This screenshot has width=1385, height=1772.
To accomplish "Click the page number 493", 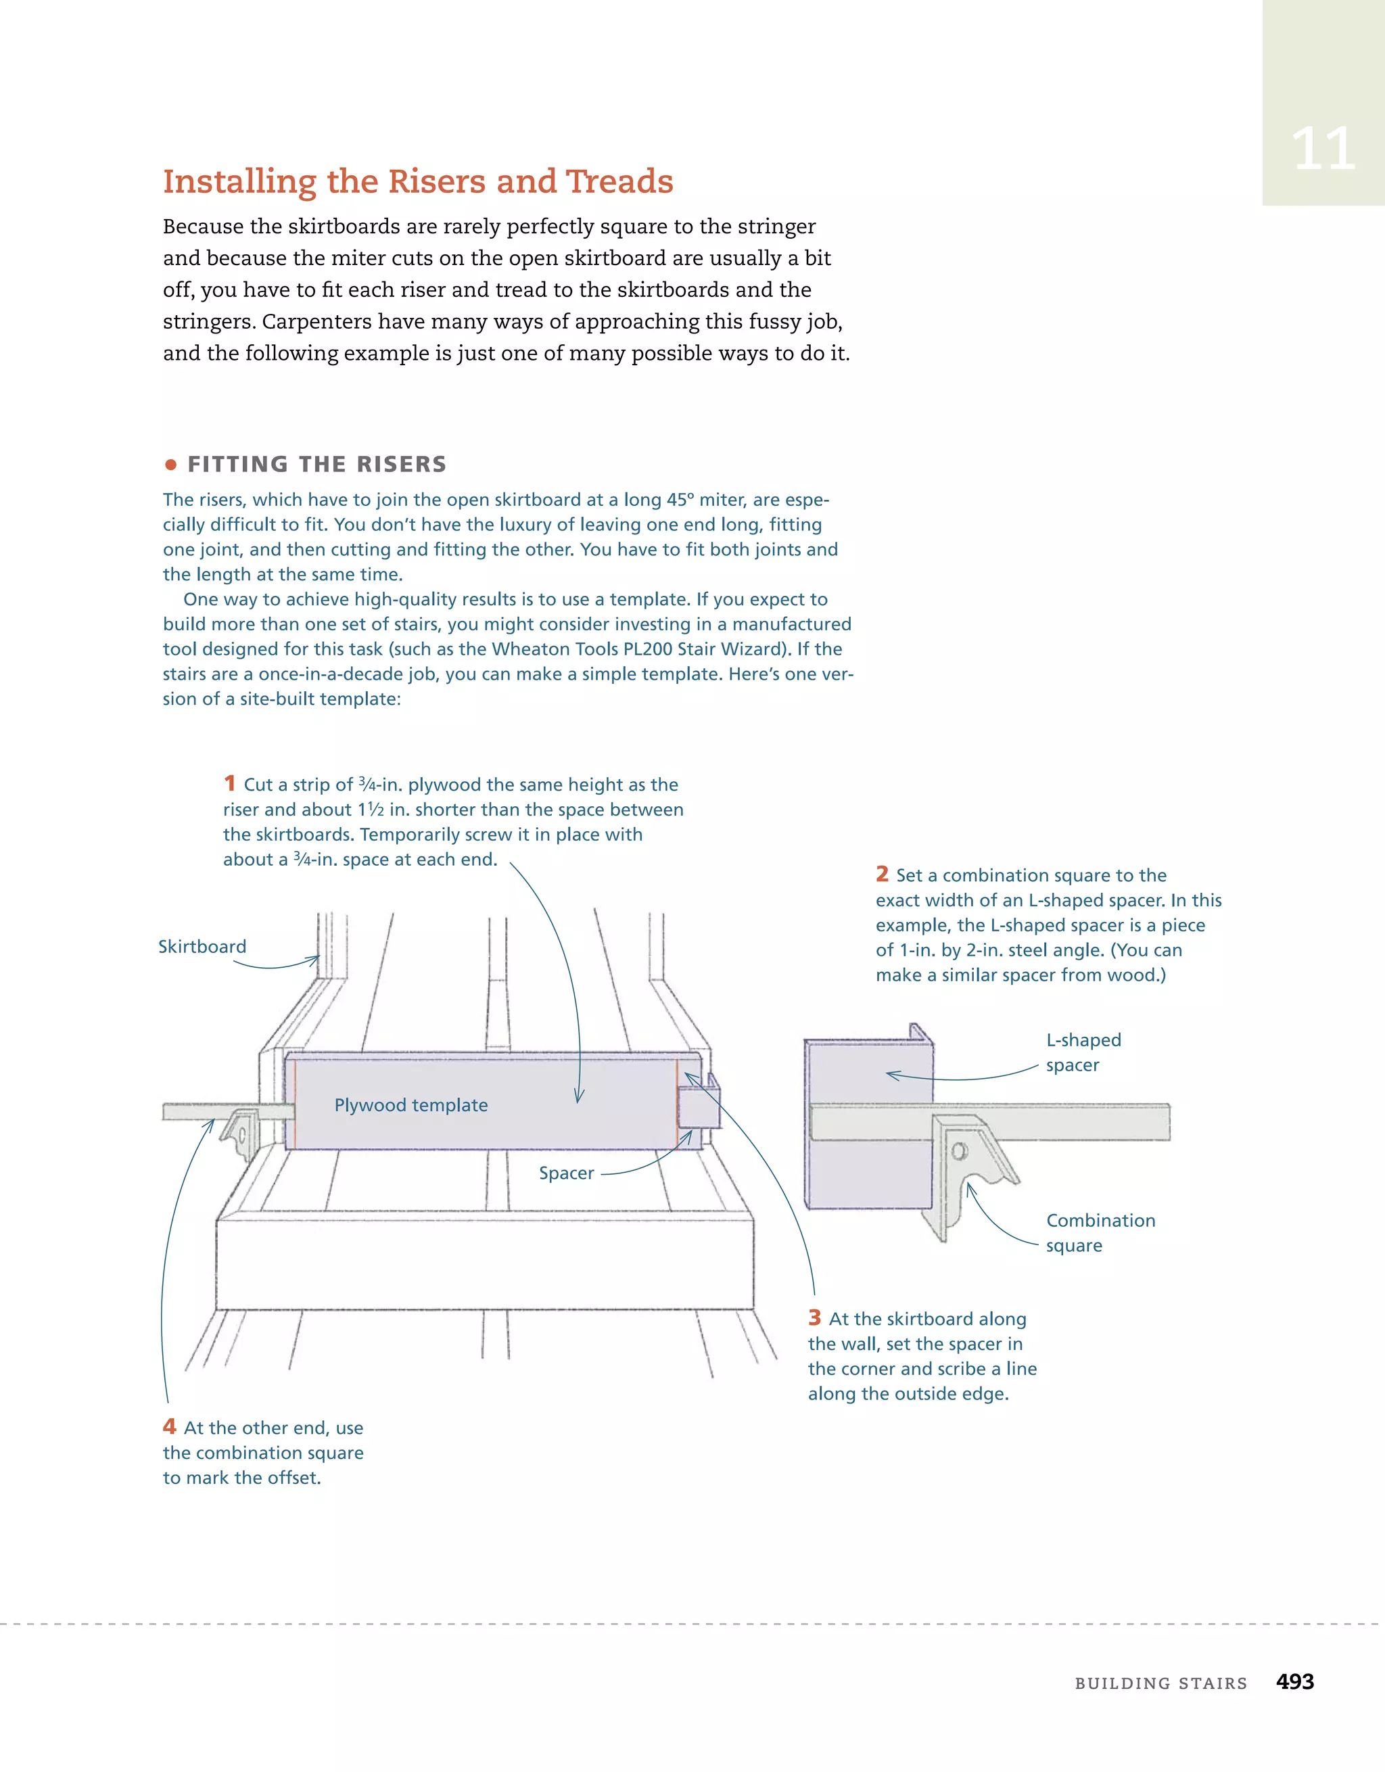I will tap(1294, 1681).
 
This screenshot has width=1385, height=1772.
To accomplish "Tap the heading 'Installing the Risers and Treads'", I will tap(418, 181).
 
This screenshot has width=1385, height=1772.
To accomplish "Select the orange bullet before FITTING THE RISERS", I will tap(170, 465).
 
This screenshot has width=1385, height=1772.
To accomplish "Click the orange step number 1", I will tap(230, 783).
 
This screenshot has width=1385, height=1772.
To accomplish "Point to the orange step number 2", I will tap(882, 874).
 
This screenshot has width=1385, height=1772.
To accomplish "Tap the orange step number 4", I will tap(170, 1426).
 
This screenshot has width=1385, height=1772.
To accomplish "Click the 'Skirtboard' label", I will tap(202, 947).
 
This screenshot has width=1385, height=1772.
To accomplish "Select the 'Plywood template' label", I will tap(410, 1105).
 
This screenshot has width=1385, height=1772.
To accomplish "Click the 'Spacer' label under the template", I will tap(566, 1173).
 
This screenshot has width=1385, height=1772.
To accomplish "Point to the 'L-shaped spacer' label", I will tap(1083, 1052).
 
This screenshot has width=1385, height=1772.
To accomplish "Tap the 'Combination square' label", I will tap(1100, 1232).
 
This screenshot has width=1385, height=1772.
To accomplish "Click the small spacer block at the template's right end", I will tap(697, 1108).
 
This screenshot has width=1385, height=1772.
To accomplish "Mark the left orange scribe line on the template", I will tap(296, 1104).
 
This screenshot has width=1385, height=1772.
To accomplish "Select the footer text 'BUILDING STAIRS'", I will tap(1160, 1683).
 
